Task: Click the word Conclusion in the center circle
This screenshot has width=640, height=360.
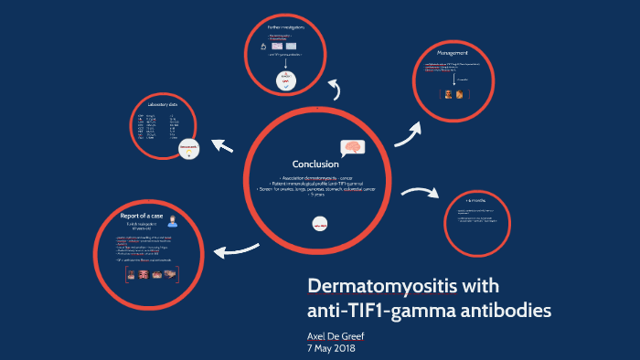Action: pyautogui.click(x=315, y=164)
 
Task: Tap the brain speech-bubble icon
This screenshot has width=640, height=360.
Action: pyautogui.click(x=353, y=149)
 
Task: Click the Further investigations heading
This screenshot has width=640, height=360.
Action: pyautogui.click(x=285, y=28)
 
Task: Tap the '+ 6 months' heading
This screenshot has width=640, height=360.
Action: pyautogui.click(x=475, y=198)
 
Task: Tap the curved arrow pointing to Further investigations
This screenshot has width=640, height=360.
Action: pyautogui.click(x=335, y=88)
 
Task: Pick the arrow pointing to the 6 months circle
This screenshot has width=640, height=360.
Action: pyautogui.click(x=419, y=193)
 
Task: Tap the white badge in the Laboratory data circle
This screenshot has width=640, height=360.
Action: pyautogui.click(x=188, y=148)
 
